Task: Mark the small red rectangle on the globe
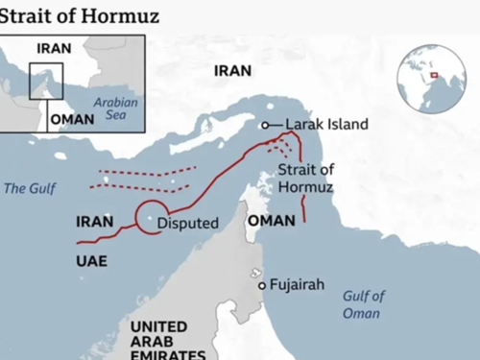pos(434,75)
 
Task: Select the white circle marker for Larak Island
pos(265,126)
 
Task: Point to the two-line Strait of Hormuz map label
pos(304,178)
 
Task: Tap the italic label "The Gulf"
pos(24,188)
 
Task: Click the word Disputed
pos(188,224)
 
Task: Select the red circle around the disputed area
pos(152,219)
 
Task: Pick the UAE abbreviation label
pos(91,260)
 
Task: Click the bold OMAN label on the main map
pos(265,221)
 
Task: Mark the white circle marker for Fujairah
pos(260,285)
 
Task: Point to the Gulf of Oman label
pos(363,304)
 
